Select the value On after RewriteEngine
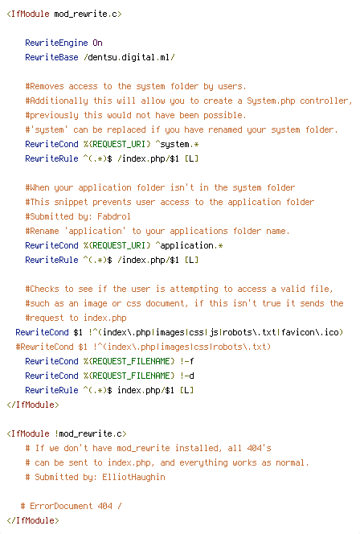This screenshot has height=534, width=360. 98,43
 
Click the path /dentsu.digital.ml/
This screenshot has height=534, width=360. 129,57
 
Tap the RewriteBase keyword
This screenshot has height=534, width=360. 51,57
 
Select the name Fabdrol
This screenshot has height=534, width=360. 114,216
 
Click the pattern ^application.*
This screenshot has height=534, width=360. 189,245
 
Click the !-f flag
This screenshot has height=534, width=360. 186,361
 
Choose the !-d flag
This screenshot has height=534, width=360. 186,376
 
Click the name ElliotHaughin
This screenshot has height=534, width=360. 133,477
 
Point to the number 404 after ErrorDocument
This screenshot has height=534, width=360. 104,506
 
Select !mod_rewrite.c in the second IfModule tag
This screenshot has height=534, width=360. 88,434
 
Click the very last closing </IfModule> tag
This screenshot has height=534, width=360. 33,520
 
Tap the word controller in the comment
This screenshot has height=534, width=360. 325,101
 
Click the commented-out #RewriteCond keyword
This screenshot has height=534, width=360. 44,347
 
